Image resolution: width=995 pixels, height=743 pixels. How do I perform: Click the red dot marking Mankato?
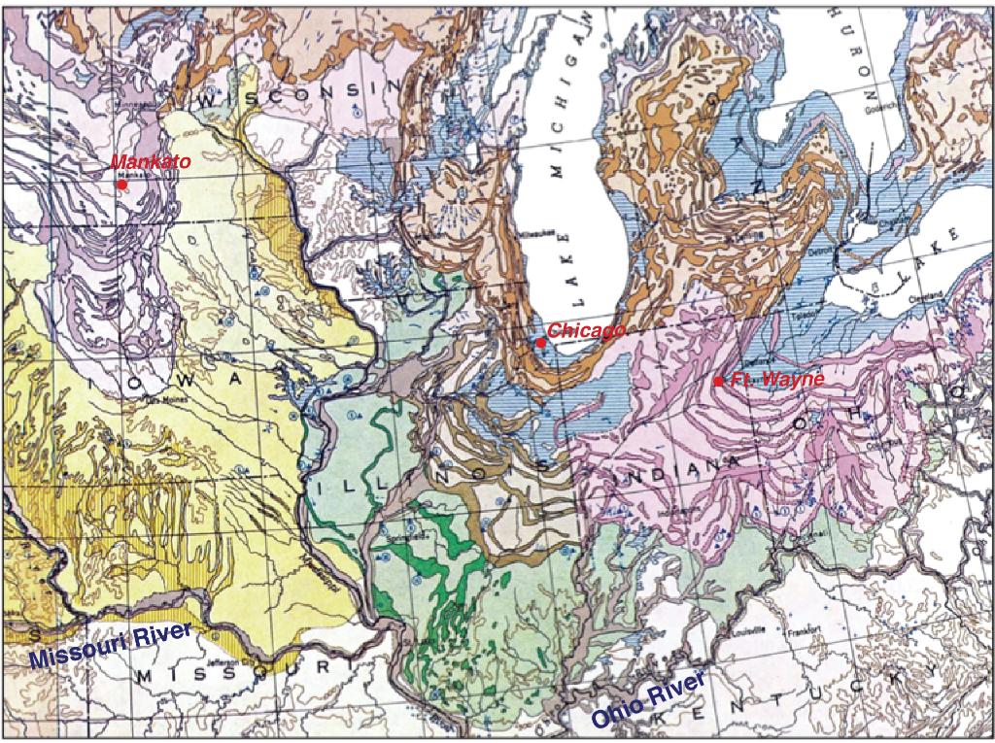122,184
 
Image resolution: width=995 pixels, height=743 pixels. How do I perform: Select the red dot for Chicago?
540,342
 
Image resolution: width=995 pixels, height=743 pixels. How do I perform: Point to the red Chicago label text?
586,331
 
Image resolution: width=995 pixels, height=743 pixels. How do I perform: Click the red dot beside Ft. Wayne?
718,381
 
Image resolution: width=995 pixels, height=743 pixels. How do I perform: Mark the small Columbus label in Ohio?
873,446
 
